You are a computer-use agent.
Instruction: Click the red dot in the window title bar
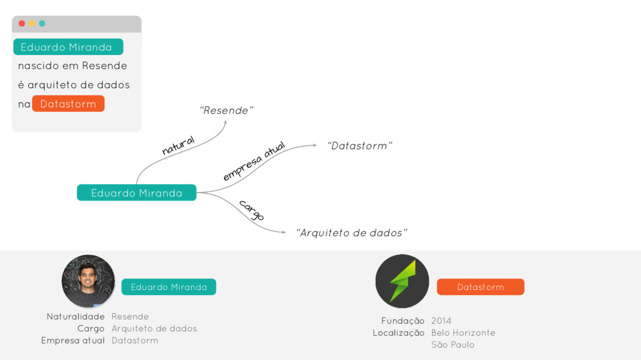click(x=22, y=23)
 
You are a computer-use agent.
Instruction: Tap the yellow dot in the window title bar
click(x=32, y=23)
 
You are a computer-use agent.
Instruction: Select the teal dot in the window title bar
click(x=42, y=23)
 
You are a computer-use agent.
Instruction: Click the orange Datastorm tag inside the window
click(x=68, y=104)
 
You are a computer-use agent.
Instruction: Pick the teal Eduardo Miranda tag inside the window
click(x=68, y=47)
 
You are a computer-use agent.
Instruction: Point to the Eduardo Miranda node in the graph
click(x=136, y=193)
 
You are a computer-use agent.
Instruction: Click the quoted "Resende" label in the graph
click(x=226, y=111)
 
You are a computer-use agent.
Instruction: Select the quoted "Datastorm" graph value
click(x=359, y=146)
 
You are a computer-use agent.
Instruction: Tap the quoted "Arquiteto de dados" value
click(x=351, y=233)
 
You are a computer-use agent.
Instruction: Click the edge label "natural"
click(x=178, y=145)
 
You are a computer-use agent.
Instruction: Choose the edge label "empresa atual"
click(x=254, y=161)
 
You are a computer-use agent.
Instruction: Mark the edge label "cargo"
click(x=251, y=210)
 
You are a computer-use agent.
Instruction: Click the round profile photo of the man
click(x=88, y=281)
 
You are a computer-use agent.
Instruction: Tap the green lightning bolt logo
click(x=402, y=281)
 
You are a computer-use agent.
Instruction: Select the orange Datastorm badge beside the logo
click(x=480, y=287)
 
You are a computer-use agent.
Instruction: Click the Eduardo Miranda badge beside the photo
click(x=168, y=287)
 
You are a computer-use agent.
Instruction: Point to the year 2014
click(x=441, y=321)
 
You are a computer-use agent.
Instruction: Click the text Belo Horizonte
click(x=463, y=332)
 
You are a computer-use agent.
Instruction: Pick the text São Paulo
click(x=453, y=344)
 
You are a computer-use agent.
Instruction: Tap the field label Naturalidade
click(x=75, y=316)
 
